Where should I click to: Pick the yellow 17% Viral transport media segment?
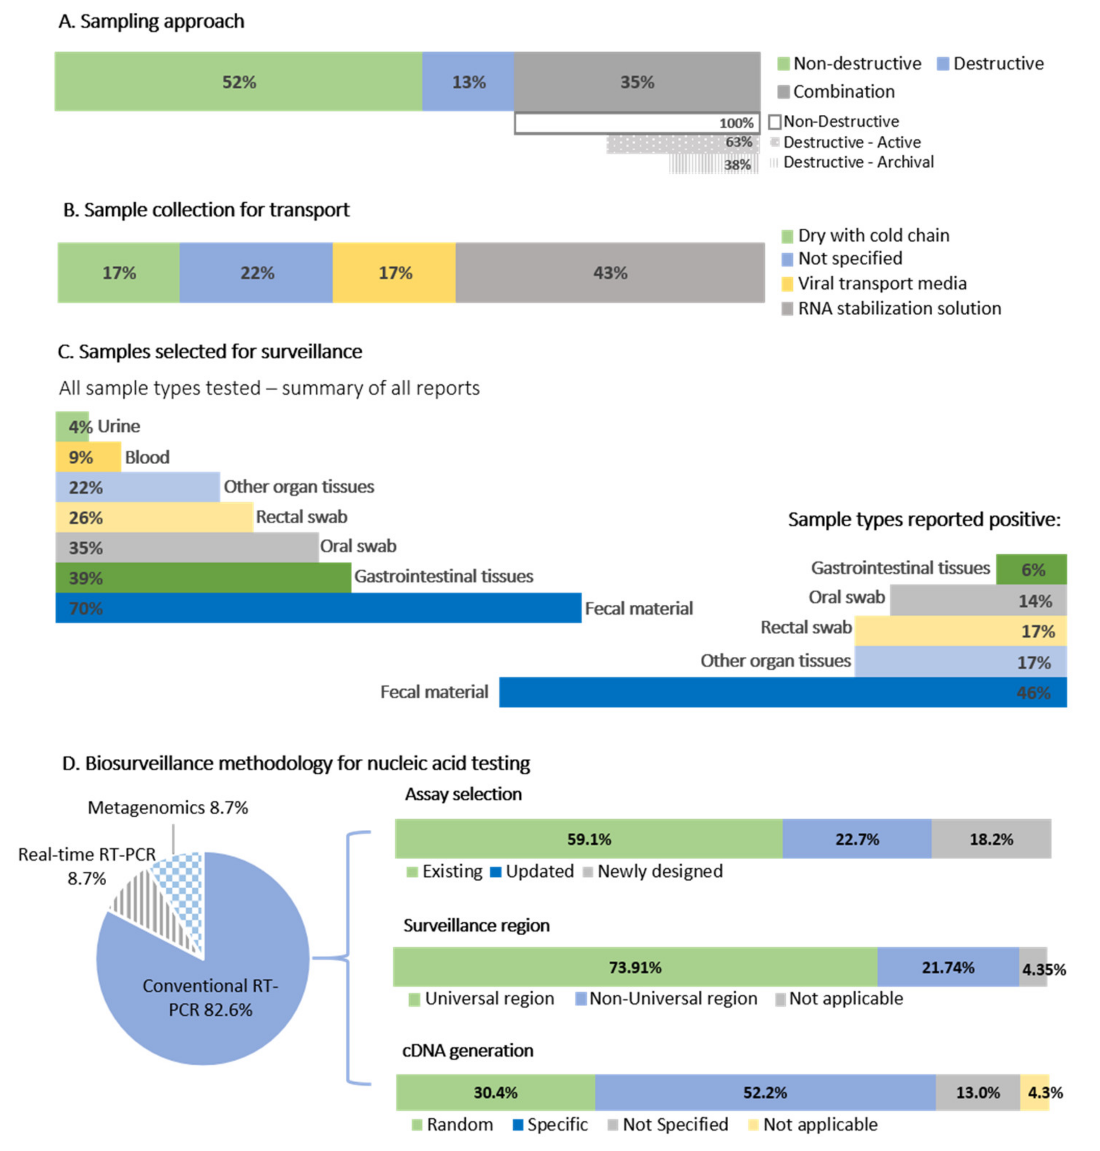(x=394, y=273)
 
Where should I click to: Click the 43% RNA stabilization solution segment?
(x=610, y=273)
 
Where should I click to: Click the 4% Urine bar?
(x=72, y=427)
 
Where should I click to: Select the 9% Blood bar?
(x=88, y=457)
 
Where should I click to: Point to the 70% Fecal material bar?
(x=318, y=608)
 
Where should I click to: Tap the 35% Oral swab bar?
(x=187, y=547)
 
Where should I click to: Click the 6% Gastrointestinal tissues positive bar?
(x=1031, y=569)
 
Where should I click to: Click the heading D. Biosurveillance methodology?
(x=296, y=763)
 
